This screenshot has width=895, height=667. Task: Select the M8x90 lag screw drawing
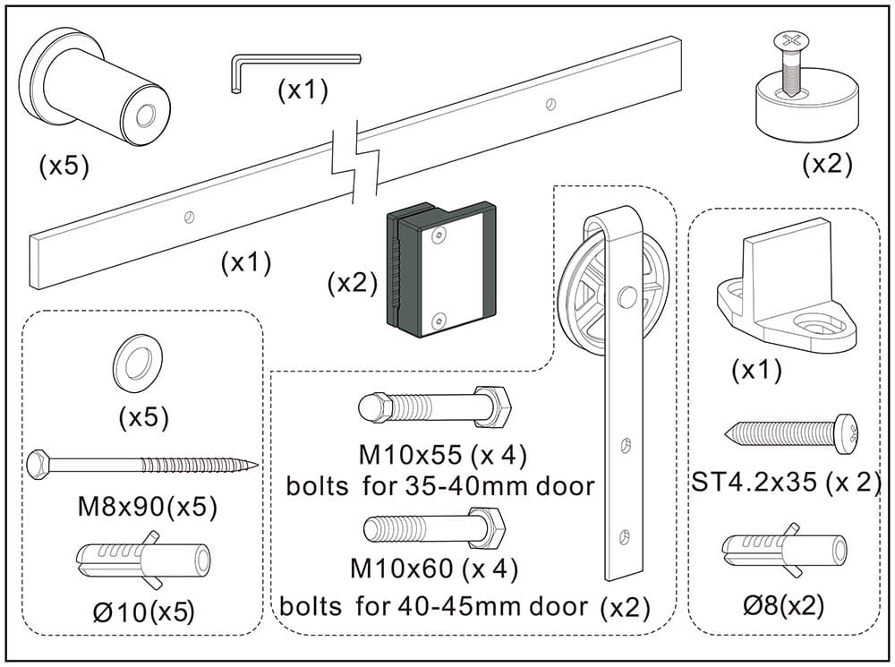[143, 465]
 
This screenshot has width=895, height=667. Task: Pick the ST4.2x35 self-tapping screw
[791, 436]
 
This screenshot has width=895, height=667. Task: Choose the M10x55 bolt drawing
[434, 411]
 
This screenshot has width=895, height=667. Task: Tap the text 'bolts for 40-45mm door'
[434, 606]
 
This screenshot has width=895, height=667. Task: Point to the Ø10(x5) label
[143, 611]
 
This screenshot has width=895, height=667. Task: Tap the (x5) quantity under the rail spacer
[64, 167]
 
